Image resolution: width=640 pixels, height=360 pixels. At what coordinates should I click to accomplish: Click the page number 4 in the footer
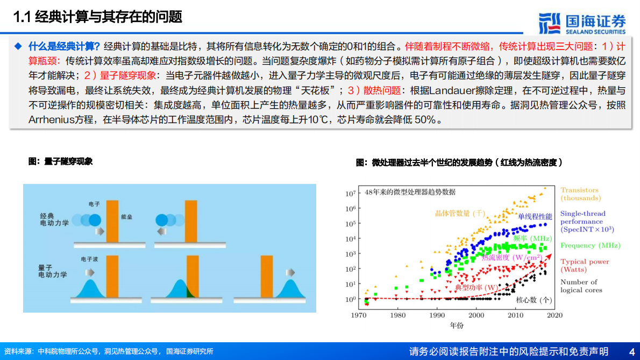(631, 351)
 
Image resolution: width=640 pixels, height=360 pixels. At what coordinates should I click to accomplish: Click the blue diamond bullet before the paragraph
(18, 45)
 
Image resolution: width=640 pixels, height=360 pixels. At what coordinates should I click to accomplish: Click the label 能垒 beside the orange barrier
(127, 216)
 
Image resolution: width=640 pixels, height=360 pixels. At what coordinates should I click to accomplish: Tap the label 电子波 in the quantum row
(89, 259)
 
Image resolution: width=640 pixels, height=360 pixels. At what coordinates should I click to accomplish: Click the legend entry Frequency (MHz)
(590, 245)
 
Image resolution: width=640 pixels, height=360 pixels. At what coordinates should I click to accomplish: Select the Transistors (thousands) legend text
(579, 194)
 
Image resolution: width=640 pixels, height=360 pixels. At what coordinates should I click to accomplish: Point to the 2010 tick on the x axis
(515, 315)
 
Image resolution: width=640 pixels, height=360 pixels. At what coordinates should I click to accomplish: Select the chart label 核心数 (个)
(534, 300)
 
